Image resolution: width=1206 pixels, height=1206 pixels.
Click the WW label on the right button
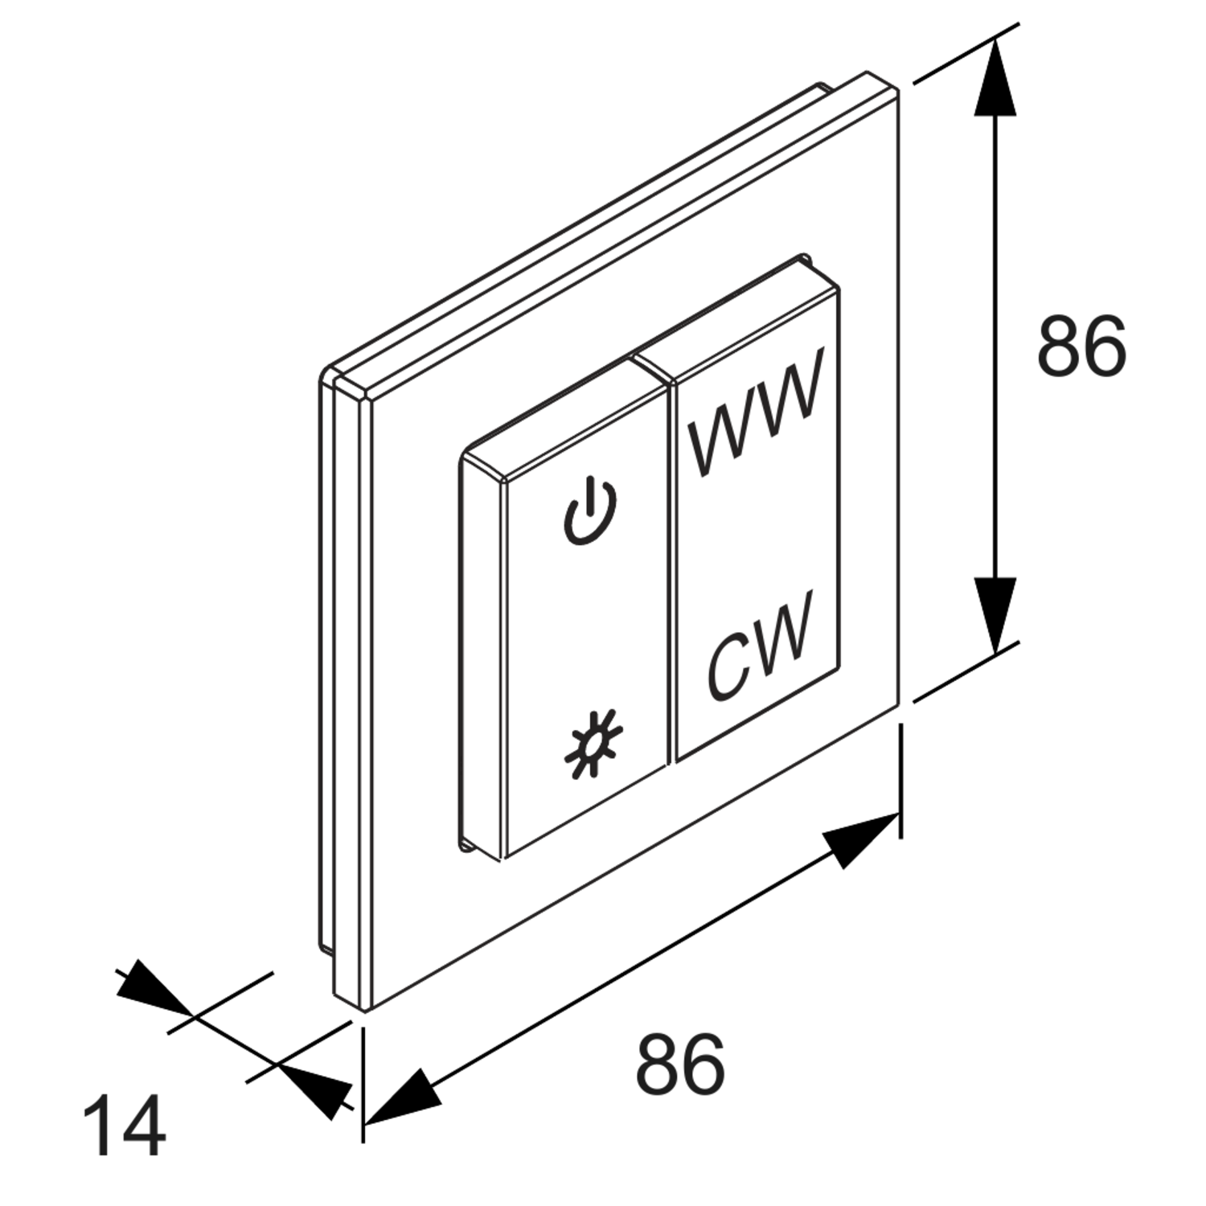pos(757,412)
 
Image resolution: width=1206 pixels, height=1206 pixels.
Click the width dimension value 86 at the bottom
pos(680,1063)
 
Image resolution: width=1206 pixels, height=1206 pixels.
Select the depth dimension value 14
pos(125,1123)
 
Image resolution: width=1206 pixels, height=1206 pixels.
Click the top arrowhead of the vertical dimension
pos(995,79)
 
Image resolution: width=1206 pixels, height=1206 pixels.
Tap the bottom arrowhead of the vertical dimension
pos(995,615)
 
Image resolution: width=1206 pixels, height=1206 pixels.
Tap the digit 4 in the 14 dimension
pos(145,1123)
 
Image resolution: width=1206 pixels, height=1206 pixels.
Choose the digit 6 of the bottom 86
pos(704,1063)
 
